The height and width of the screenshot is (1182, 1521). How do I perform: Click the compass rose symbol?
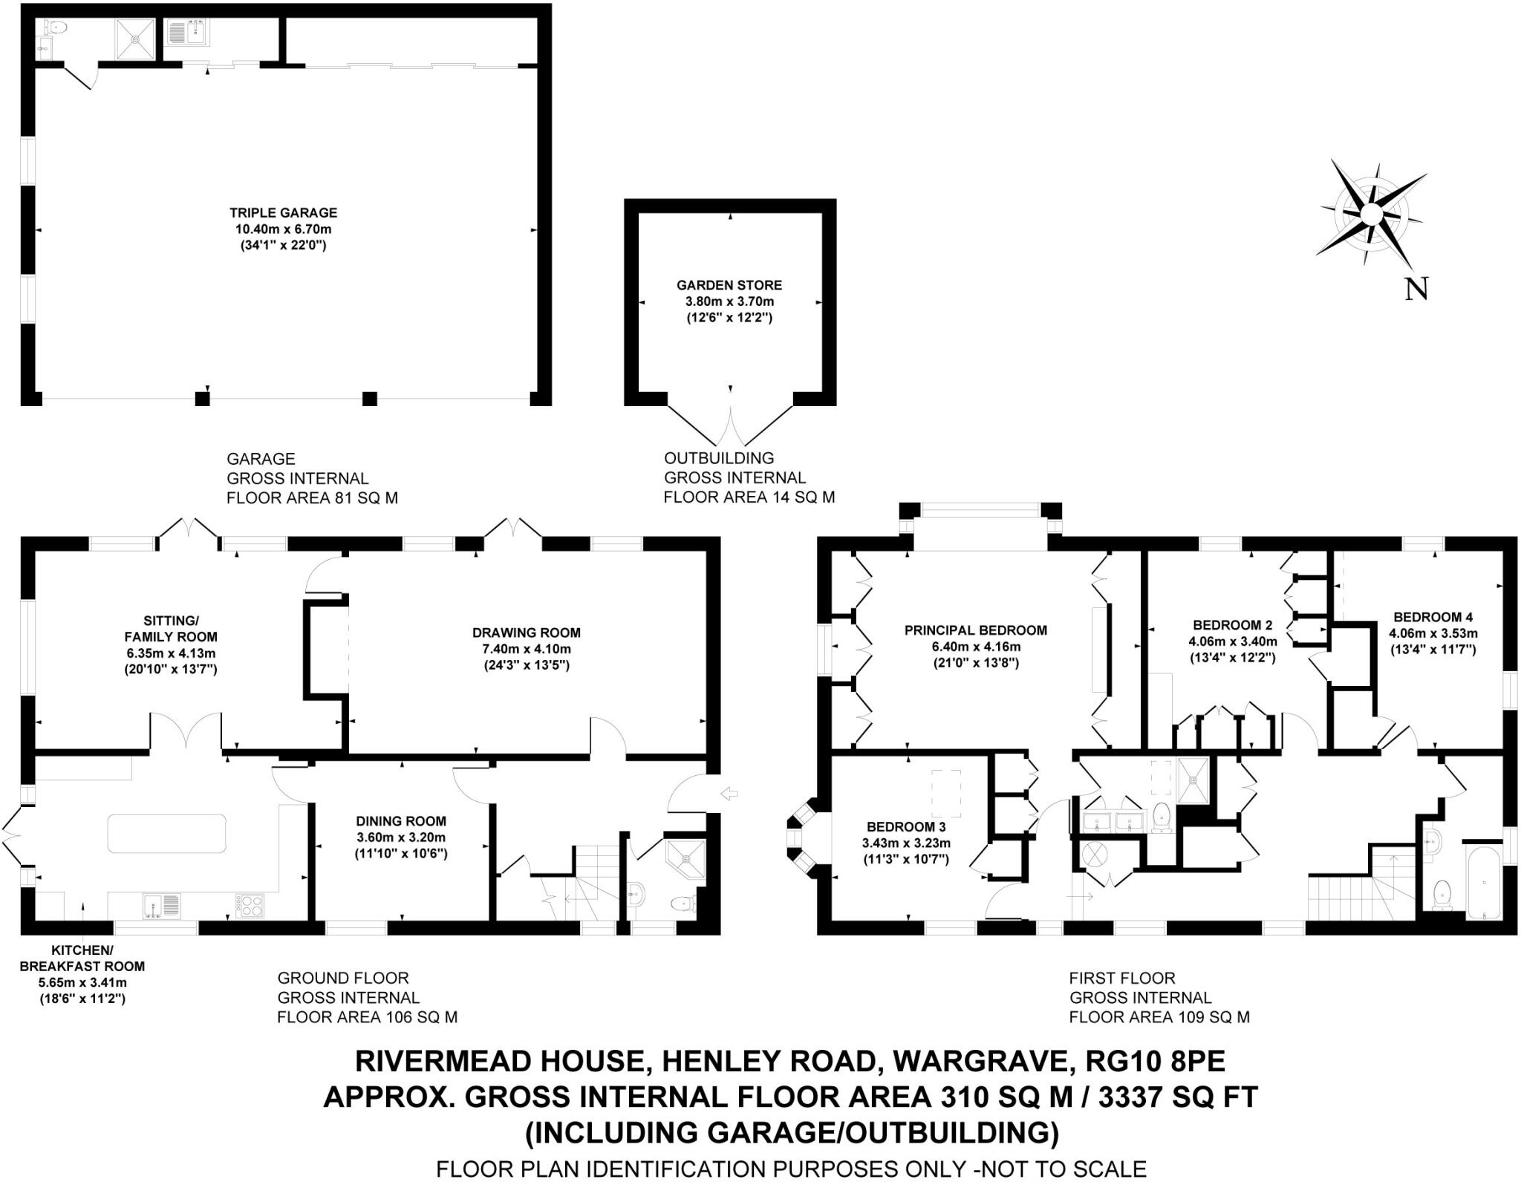click(1371, 215)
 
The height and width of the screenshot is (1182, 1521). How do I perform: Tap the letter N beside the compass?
click(1416, 289)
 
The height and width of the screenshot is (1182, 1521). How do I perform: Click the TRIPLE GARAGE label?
click(283, 213)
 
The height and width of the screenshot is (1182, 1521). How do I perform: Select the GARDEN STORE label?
click(729, 285)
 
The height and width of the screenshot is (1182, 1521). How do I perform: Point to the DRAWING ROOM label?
click(526, 633)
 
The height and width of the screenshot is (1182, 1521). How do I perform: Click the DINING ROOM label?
click(401, 821)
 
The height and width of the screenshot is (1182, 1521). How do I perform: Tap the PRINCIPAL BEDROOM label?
click(976, 630)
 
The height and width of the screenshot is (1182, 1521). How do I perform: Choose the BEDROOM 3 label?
click(906, 827)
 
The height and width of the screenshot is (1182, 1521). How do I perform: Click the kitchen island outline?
click(167, 833)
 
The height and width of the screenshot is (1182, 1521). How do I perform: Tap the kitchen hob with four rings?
click(250, 905)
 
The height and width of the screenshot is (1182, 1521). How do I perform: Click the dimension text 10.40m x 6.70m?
click(283, 229)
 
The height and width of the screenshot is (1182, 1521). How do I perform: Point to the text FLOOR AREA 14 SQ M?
click(749, 497)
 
